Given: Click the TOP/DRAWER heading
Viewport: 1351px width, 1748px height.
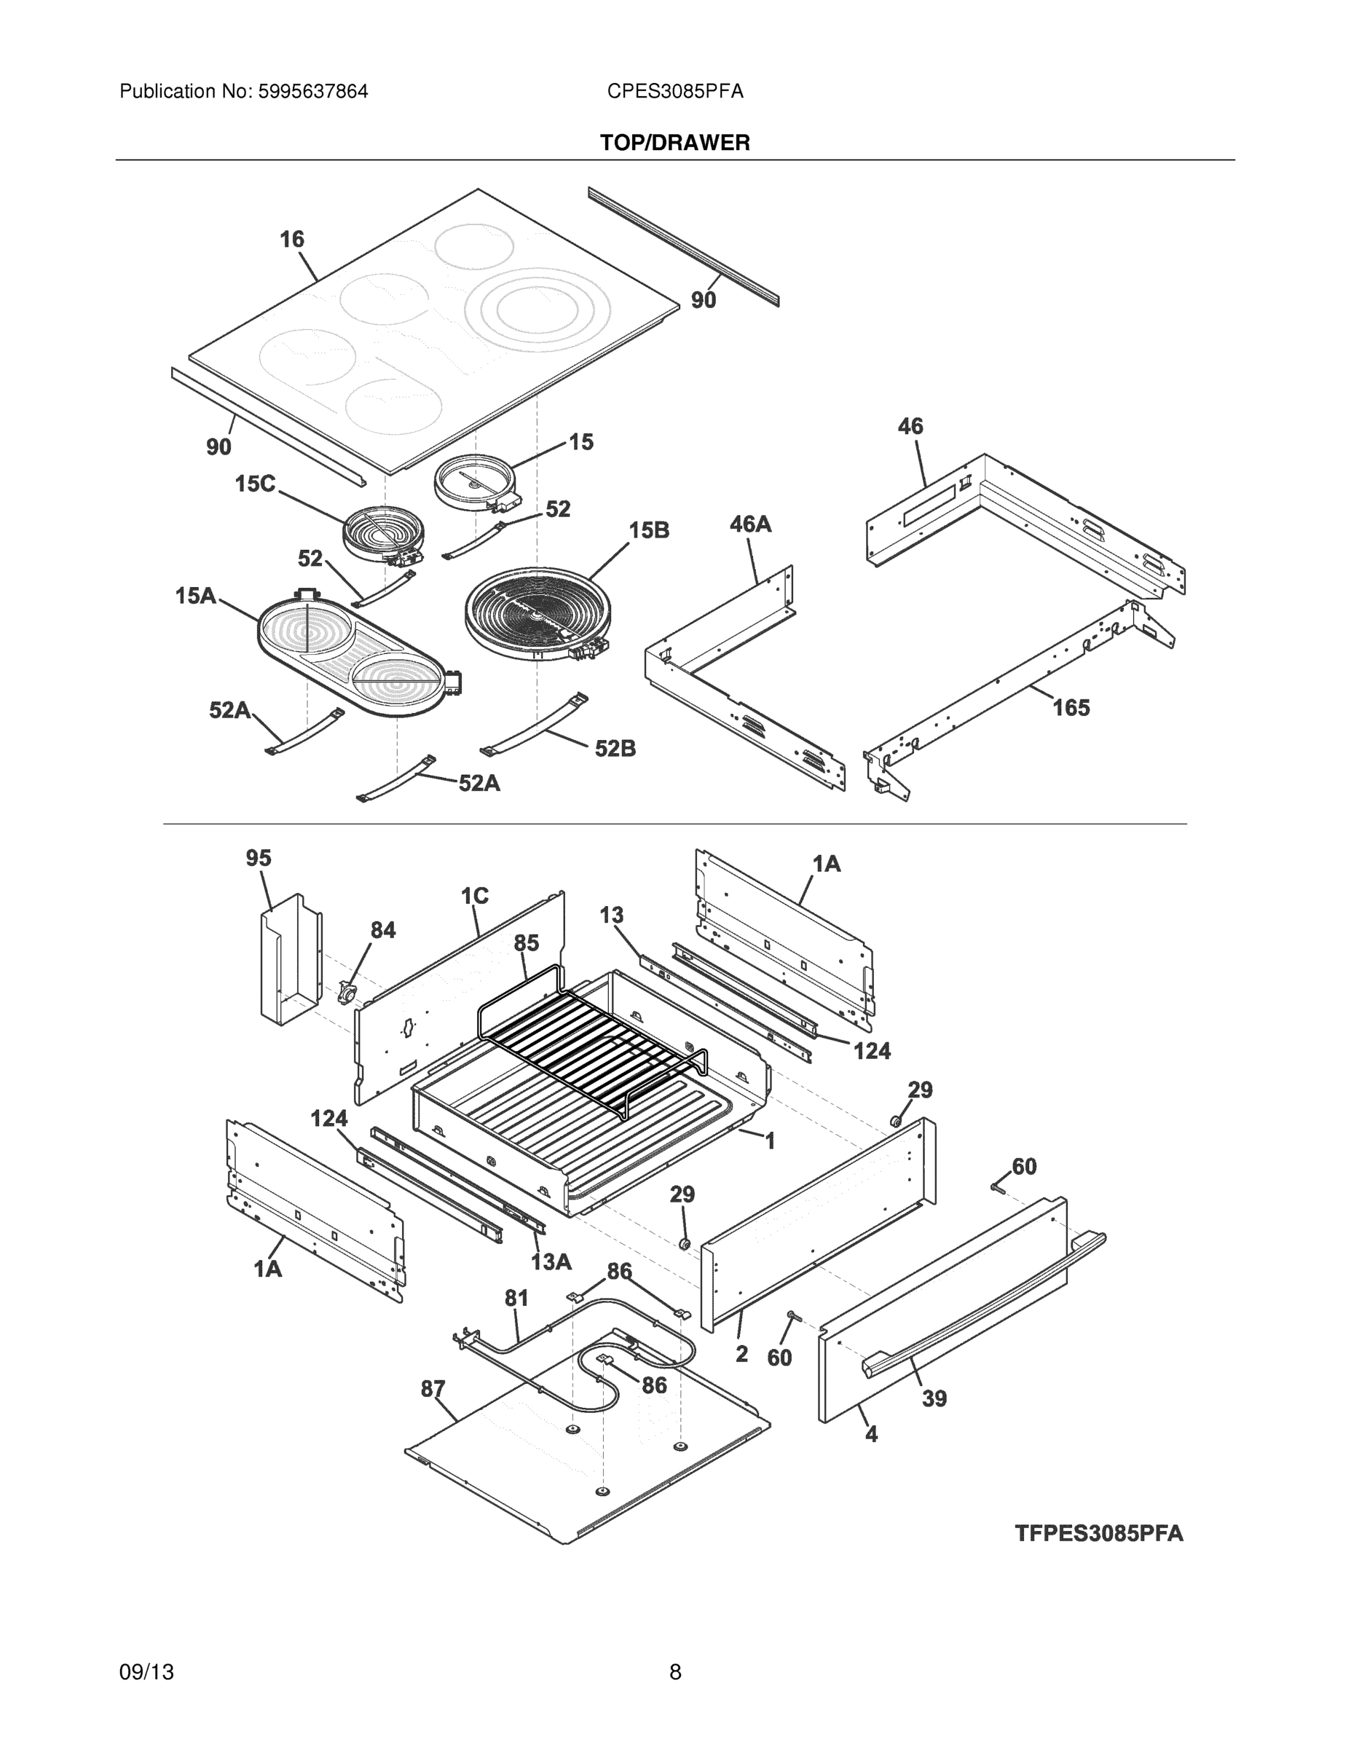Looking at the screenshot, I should pyautogui.click(x=674, y=143).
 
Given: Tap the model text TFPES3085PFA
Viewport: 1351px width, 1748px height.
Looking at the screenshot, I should pyautogui.click(x=1098, y=1532).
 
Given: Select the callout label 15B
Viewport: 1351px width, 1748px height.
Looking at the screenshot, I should pyautogui.click(x=648, y=529).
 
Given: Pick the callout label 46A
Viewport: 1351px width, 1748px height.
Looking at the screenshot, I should pyautogui.click(x=750, y=524).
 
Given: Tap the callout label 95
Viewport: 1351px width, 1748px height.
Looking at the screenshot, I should pyautogui.click(x=259, y=858).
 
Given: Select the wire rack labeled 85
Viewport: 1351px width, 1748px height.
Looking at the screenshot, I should pyautogui.click(x=592, y=1041).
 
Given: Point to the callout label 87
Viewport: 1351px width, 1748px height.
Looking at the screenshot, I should pyautogui.click(x=433, y=1389).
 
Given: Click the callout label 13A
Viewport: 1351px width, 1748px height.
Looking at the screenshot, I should pyautogui.click(x=551, y=1262).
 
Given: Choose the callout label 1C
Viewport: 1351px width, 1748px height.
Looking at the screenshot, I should pyautogui.click(x=475, y=896).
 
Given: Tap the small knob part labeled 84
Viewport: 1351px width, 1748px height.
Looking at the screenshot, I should pyautogui.click(x=347, y=993).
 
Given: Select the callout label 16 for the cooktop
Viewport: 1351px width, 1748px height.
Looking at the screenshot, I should pyautogui.click(x=291, y=238).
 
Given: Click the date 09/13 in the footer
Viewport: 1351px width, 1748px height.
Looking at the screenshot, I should pyautogui.click(x=146, y=1672).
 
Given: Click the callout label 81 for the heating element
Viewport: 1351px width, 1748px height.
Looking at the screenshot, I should pyautogui.click(x=516, y=1297).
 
